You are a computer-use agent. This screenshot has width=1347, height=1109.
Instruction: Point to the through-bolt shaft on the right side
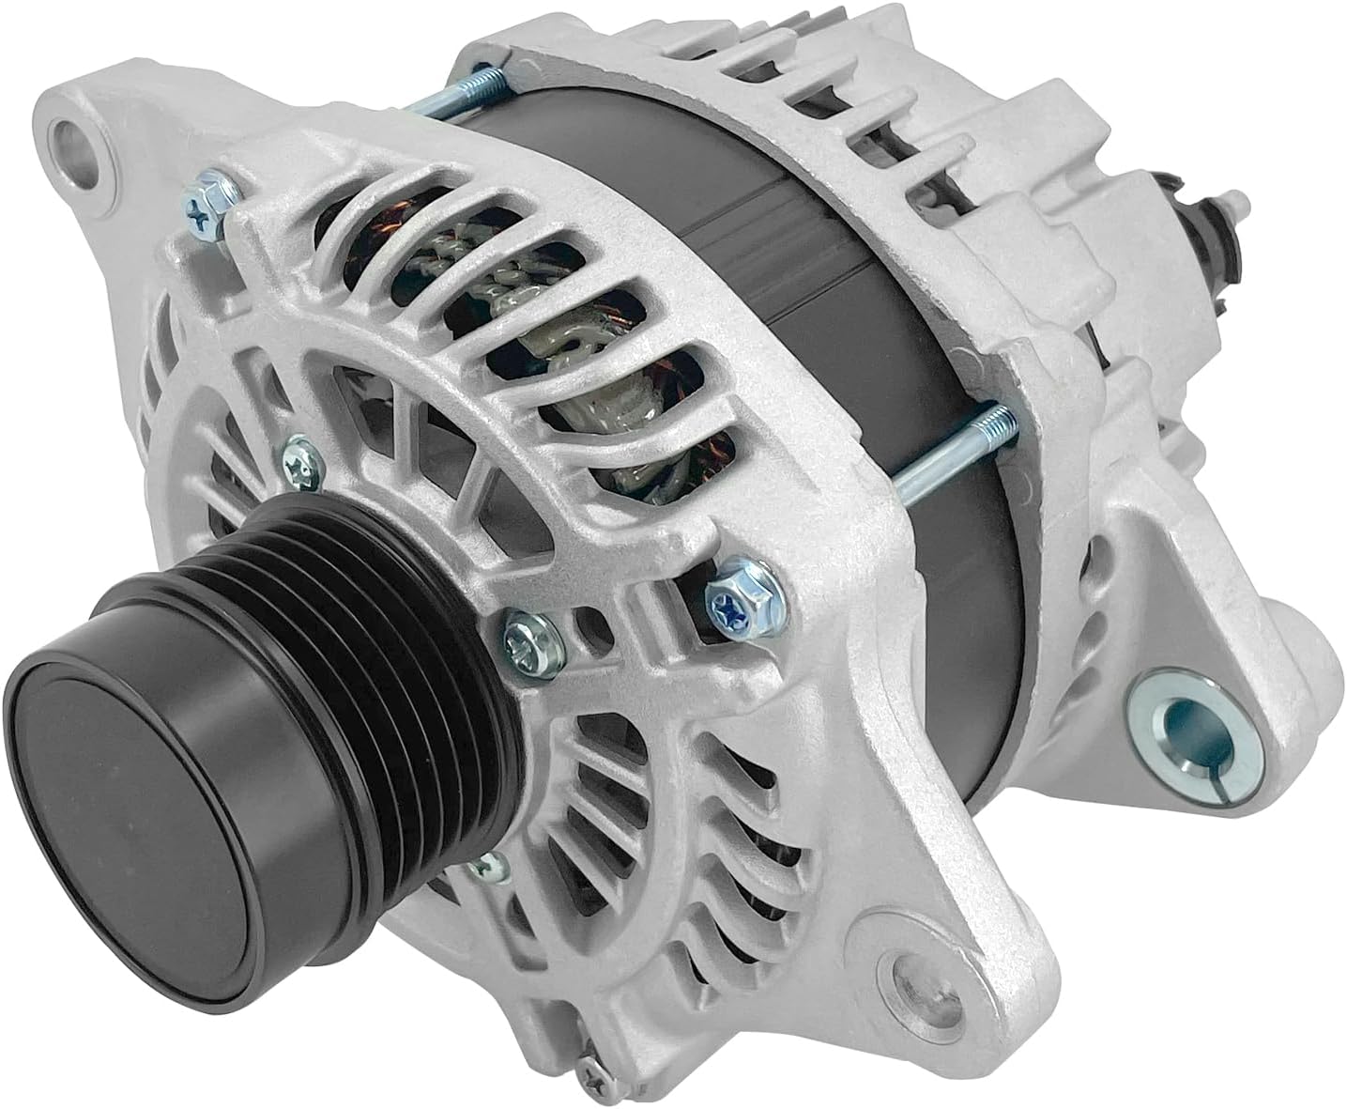[948, 451]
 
